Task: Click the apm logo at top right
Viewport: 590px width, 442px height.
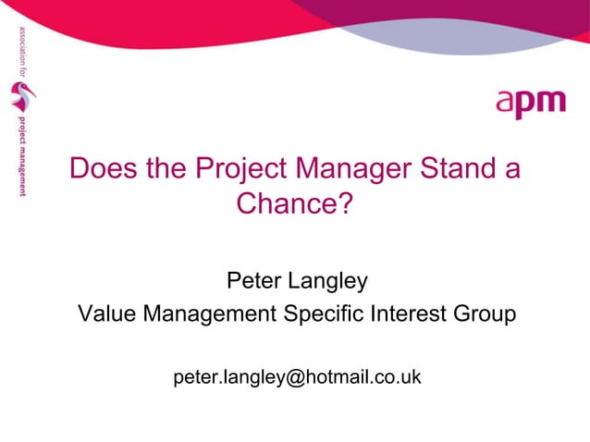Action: [530, 103]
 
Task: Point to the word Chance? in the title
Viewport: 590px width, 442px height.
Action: [296, 203]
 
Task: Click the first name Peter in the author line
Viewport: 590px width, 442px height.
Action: [253, 278]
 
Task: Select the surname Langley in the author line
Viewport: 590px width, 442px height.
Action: [328, 279]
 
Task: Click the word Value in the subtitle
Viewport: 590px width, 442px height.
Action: [104, 314]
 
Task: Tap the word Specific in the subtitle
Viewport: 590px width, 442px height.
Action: [318, 315]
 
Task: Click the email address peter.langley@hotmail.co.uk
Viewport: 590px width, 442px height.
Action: [297, 378]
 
